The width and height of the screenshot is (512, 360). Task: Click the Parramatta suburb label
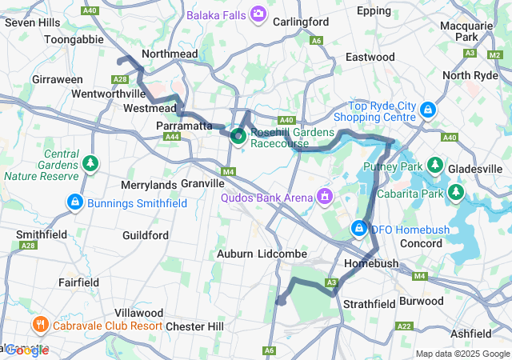[183, 126]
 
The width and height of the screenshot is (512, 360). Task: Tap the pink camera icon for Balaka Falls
[258, 14]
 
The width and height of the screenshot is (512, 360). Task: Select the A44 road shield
[171, 137]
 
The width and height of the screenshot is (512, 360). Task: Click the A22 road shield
[404, 326]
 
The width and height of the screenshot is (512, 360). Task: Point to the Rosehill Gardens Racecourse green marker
[238, 136]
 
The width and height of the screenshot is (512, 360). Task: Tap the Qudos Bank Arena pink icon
[325, 195]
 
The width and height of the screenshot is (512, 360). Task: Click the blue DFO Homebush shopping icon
[360, 230]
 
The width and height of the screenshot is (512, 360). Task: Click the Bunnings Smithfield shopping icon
[75, 203]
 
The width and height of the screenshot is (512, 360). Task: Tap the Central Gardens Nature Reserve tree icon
[92, 164]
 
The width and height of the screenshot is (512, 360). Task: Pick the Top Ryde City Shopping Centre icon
[428, 108]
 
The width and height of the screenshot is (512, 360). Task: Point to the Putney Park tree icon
[434, 166]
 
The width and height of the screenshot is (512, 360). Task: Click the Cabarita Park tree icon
[456, 193]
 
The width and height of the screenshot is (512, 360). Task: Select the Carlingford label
[301, 22]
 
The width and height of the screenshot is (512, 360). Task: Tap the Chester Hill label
[194, 326]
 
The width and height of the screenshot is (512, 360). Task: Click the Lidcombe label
[283, 254]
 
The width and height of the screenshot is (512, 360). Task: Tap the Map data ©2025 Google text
[462, 354]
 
